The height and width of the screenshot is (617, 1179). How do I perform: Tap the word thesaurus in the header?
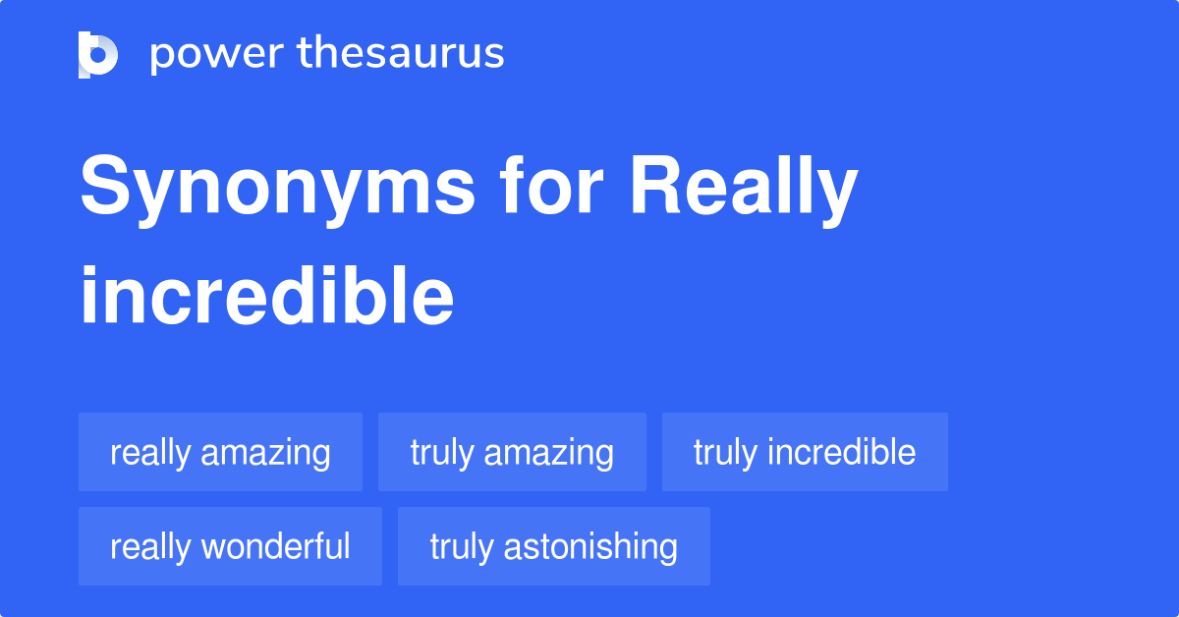coord(401,53)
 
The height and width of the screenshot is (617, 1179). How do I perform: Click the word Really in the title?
coord(744,189)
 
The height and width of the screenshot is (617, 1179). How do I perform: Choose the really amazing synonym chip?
coord(220,452)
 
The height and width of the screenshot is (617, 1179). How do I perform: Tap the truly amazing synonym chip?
coord(512,452)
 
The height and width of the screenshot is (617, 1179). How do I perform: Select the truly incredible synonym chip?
coord(805,452)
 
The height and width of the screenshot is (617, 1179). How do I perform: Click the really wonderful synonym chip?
coord(230,546)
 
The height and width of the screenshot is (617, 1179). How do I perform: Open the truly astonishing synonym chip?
coord(553,546)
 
